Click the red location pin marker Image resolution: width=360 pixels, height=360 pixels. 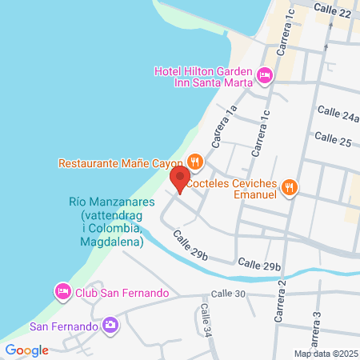(180, 178)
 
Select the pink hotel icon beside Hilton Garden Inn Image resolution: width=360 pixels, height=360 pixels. (264, 76)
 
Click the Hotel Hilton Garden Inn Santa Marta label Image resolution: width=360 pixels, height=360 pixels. (203, 78)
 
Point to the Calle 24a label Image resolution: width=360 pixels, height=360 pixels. (338, 114)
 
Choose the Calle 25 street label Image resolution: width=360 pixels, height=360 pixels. (333, 139)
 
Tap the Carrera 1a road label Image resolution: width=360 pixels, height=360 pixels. (224, 124)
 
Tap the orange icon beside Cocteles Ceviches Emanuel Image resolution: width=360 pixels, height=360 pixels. (291, 187)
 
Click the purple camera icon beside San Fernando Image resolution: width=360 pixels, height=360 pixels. (110, 326)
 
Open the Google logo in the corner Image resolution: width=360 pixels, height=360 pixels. (27, 350)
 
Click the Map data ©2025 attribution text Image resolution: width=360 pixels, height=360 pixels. (324, 354)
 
